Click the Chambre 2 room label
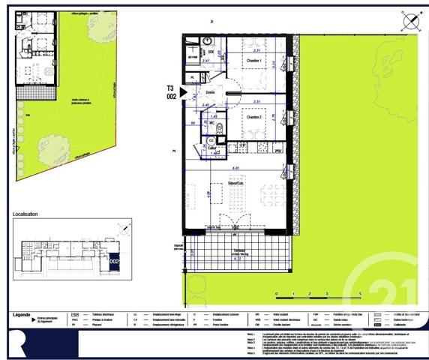(253, 118)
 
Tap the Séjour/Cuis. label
(237, 183)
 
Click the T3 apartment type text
(171, 88)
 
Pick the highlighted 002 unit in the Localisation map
(114, 261)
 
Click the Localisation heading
(25, 214)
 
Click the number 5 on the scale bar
(360, 294)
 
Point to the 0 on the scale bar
(276, 294)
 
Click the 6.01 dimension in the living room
(235, 168)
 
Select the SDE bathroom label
(211, 51)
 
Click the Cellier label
(212, 148)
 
